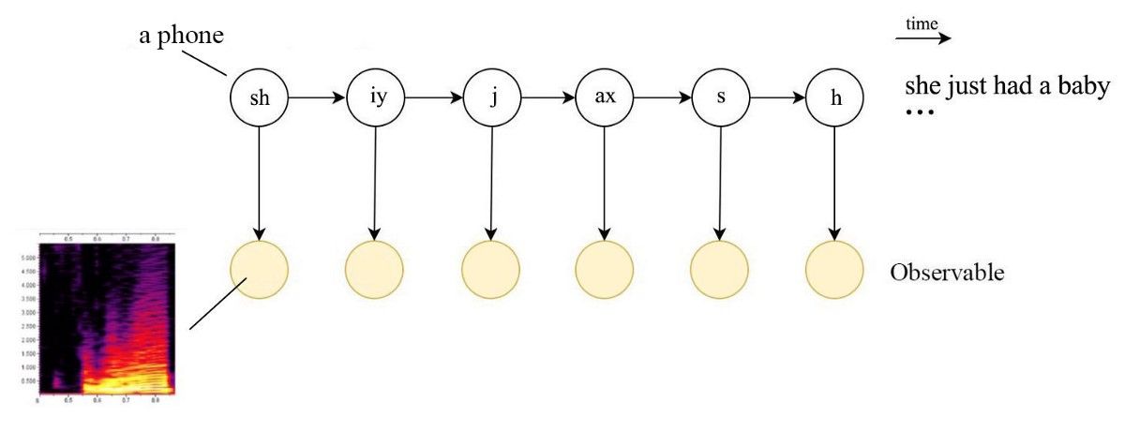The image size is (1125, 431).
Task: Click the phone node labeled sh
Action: (x=259, y=97)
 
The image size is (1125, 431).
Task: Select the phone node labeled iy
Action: (x=374, y=97)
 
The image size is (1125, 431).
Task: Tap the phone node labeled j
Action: (x=490, y=97)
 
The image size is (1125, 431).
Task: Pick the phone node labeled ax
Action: (x=605, y=97)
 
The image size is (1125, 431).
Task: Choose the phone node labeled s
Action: (x=720, y=97)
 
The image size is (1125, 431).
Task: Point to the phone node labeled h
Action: (x=834, y=97)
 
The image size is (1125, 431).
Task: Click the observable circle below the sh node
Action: (x=259, y=270)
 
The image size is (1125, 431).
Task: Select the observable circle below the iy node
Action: (x=374, y=270)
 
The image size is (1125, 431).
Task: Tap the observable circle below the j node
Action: (x=490, y=270)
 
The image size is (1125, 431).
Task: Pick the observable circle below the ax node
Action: (x=605, y=270)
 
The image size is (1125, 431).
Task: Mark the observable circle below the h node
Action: (x=834, y=270)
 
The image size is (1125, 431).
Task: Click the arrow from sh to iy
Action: (x=316, y=97)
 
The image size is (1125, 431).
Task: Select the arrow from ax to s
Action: (x=662, y=97)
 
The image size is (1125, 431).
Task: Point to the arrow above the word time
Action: (x=922, y=39)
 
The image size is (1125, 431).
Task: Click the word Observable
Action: (x=947, y=274)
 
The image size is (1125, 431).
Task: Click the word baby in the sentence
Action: (x=1083, y=87)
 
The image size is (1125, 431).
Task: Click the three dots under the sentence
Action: (x=919, y=112)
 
